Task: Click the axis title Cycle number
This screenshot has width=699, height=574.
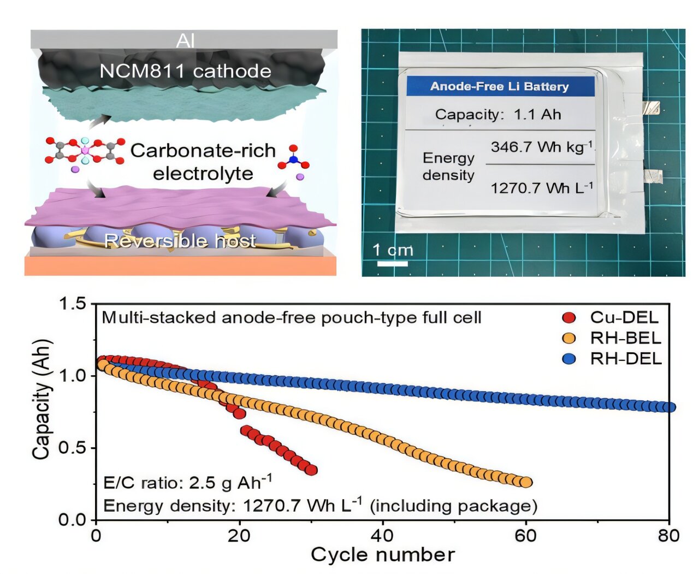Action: [382, 555]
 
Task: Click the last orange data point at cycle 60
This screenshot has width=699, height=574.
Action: [526, 482]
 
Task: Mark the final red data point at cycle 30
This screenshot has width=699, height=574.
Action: [312, 470]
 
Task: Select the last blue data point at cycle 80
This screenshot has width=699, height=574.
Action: [670, 407]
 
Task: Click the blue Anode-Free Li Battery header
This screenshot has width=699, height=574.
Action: [500, 86]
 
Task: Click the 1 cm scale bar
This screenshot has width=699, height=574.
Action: [393, 264]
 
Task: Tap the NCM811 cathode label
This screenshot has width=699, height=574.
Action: [185, 71]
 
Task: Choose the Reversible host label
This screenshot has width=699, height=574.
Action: [180, 241]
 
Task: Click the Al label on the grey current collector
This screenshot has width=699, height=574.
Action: [185, 40]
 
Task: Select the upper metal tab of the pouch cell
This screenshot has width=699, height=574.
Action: [650, 108]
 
